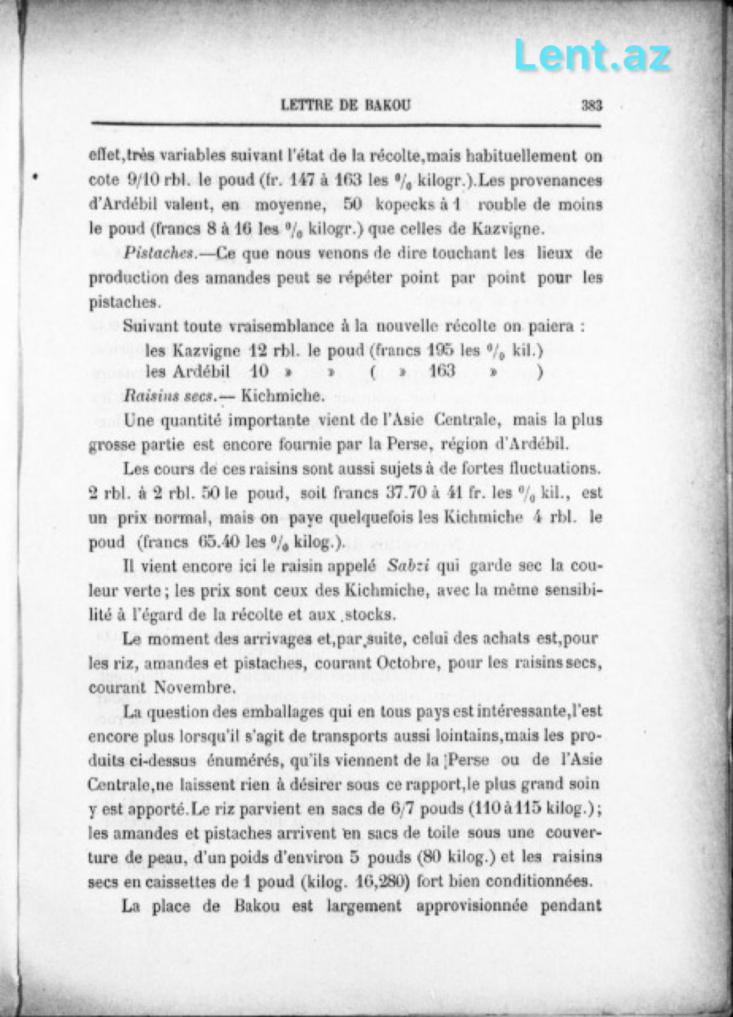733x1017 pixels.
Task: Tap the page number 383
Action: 591,106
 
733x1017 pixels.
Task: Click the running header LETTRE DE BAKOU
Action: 345,106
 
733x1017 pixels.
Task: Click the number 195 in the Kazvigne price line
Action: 441,350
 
